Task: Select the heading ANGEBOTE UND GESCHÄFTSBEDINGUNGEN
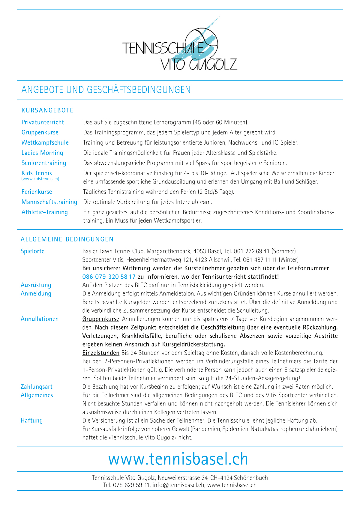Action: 106,90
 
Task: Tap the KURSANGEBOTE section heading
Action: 47,110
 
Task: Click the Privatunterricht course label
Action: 43,122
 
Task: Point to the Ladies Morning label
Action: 42,153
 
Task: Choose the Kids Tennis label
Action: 37,173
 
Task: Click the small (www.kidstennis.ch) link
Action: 40,179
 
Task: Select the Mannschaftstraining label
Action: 49,202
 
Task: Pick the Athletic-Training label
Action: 45,212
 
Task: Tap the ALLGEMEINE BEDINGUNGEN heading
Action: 67,239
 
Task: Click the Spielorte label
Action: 32,251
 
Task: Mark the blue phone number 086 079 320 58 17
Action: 109,277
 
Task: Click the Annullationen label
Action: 40,319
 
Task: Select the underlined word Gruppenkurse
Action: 101,319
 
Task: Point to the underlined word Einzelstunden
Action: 101,353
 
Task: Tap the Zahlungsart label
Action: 37,387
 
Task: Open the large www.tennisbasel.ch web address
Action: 178,459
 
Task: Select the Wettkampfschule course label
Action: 45,143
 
